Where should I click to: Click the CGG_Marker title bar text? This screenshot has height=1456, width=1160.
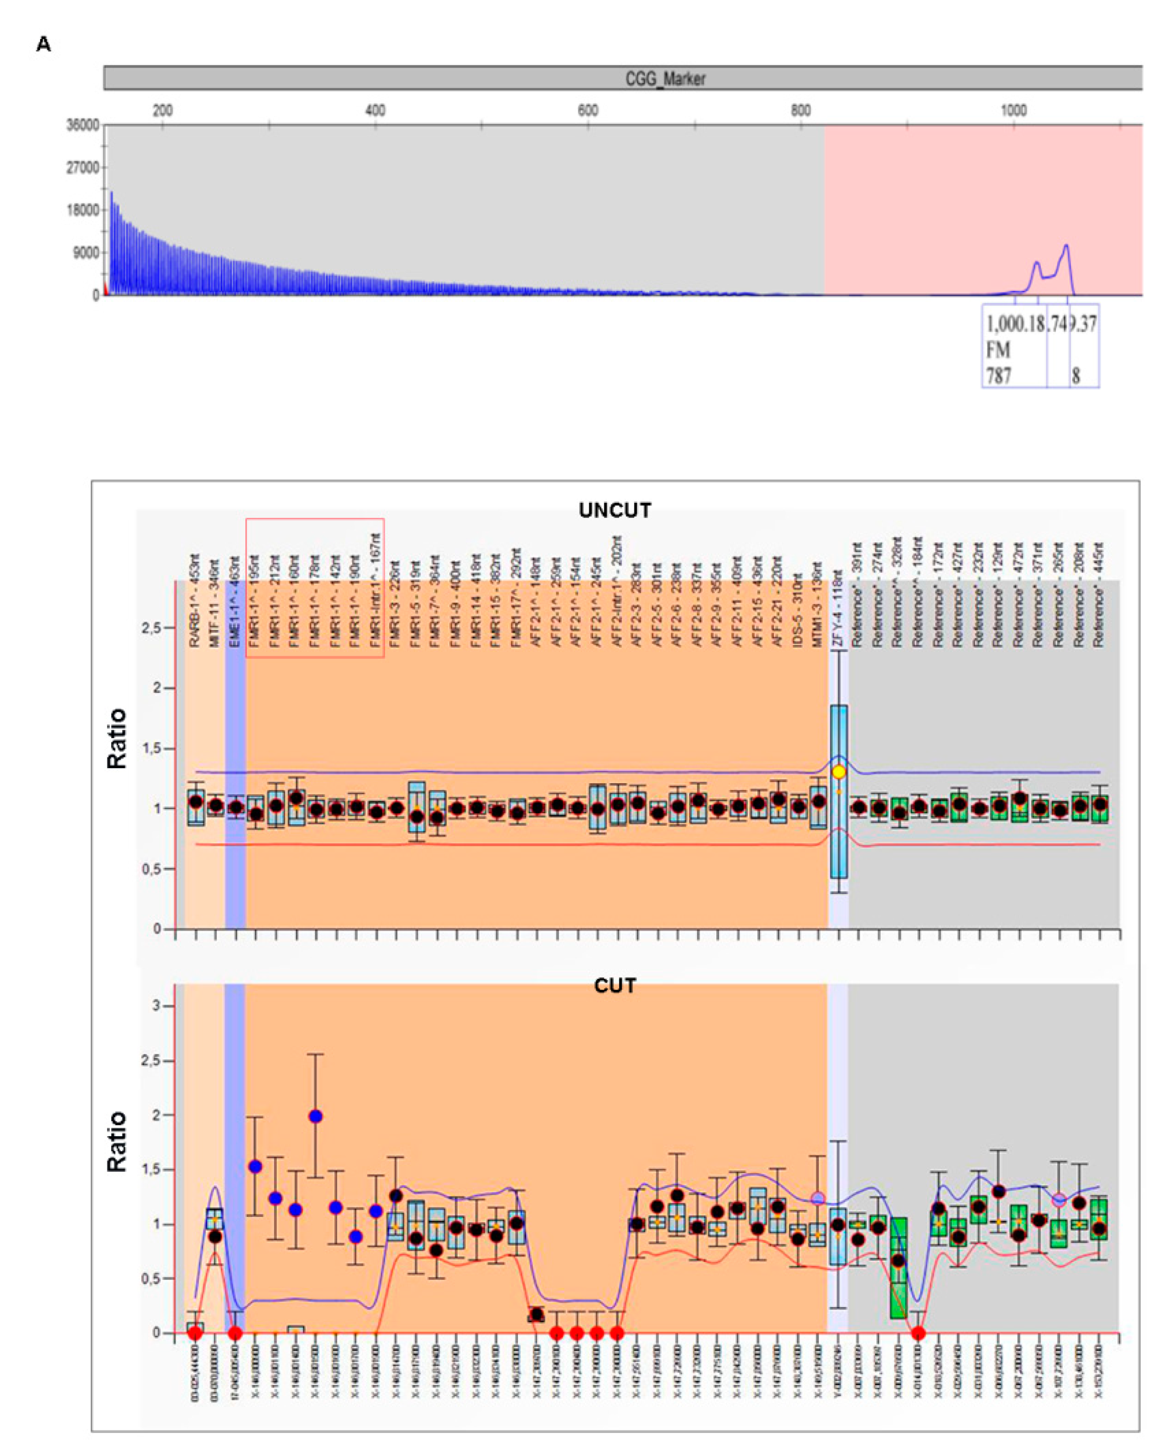point(665,79)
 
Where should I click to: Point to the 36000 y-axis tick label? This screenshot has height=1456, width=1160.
point(82,125)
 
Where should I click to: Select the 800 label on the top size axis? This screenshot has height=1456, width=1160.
point(800,110)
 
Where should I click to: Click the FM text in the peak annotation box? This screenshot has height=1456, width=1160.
point(998,350)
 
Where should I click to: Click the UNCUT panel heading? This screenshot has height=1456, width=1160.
point(615,510)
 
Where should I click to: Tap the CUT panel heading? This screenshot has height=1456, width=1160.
point(615,986)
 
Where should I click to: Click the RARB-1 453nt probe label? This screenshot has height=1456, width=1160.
point(195,601)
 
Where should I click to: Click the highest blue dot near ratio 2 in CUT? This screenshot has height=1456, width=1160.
point(315,1116)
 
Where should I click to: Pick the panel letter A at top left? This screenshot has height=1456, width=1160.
point(43,45)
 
